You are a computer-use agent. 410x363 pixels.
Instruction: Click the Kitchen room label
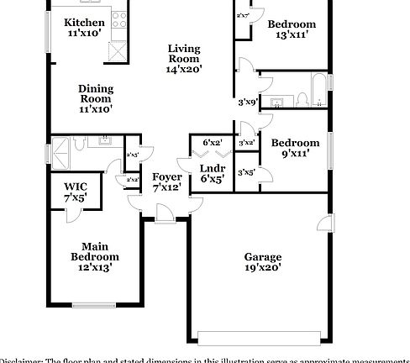point(85,23)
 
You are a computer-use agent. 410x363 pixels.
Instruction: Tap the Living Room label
point(184,54)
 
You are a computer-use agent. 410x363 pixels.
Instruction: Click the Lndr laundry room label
point(212,172)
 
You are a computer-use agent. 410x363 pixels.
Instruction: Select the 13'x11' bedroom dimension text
point(292,36)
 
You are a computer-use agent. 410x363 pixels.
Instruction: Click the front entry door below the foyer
point(165,216)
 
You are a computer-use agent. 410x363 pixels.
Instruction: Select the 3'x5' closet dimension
point(245,172)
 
